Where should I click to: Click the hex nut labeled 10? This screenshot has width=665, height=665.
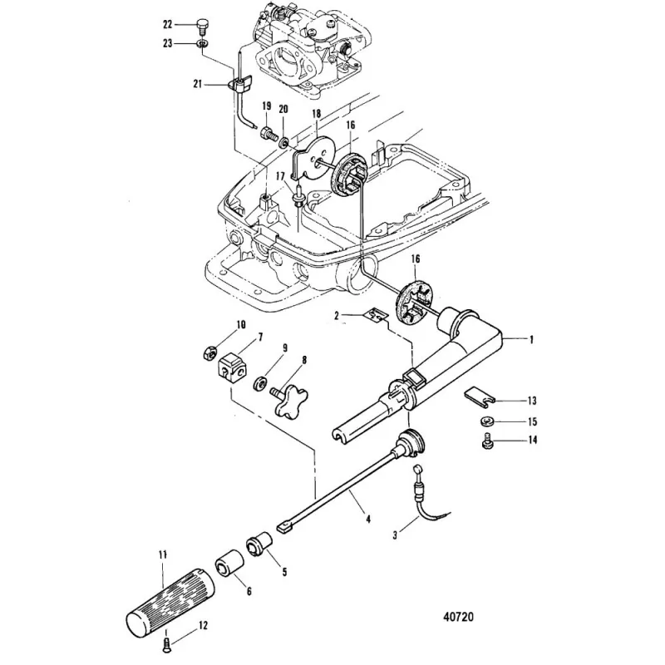210,352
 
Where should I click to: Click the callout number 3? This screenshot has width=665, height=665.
396,525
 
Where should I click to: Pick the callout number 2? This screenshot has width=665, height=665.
337,317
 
